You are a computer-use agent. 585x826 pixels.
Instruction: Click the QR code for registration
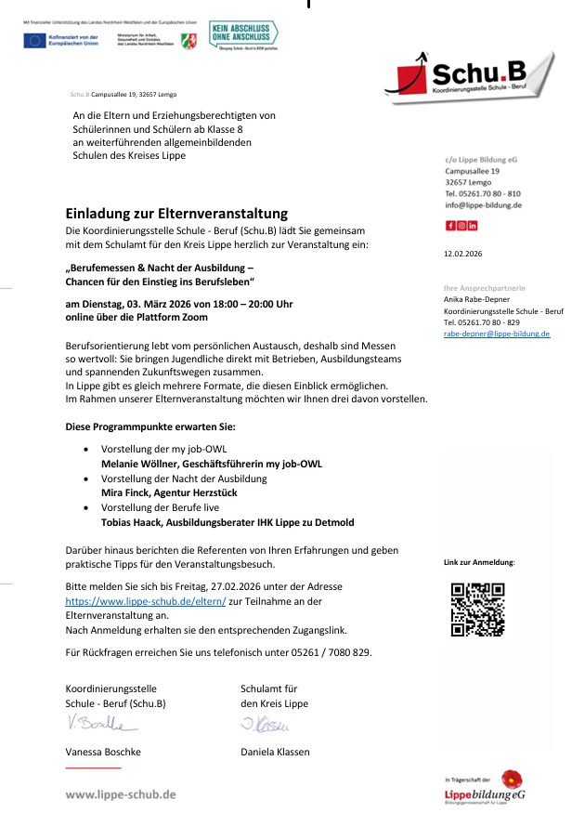coord(477,610)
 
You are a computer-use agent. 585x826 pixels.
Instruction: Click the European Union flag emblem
coord(34,39)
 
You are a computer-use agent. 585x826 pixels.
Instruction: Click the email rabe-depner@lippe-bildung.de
coord(497,333)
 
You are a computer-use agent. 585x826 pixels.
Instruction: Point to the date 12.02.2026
coord(463,253)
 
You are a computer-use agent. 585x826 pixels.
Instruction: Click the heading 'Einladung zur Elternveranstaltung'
coord(176,214)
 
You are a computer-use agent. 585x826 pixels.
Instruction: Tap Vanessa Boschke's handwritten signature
coord(97,724)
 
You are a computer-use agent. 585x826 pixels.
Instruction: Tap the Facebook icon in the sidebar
coord(450,226)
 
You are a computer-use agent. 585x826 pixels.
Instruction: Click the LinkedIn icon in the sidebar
coord(473,226)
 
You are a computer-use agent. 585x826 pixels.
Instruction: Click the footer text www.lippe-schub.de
coord(120,794)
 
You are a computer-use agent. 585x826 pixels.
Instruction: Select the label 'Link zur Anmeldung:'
coord(479,562)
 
